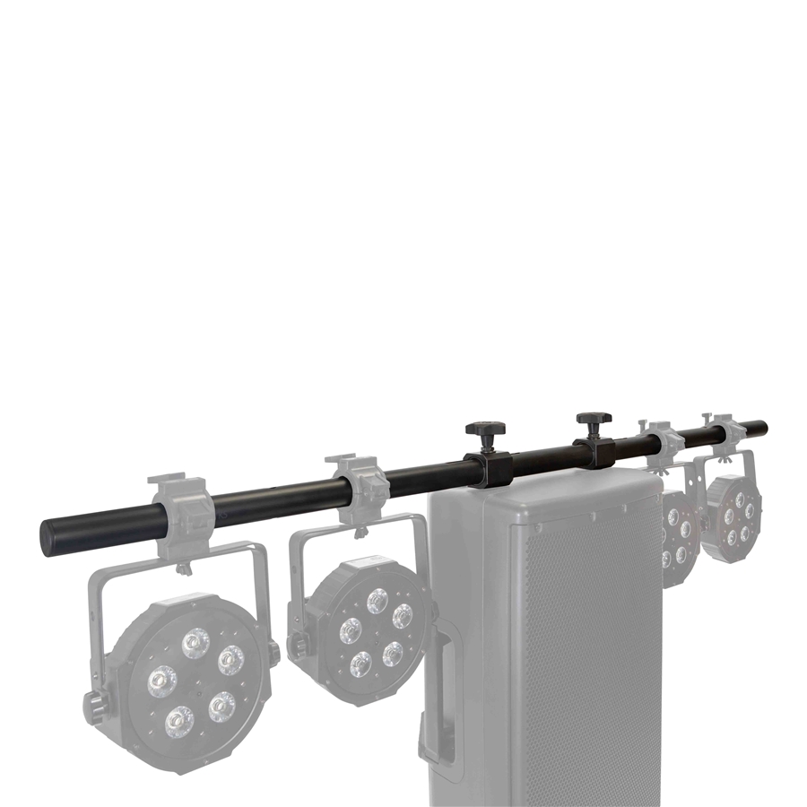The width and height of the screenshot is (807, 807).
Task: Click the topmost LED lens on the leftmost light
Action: point(195,642)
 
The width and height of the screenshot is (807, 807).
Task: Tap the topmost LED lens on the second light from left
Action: point(377,601)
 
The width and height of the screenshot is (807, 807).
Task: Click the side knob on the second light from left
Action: point(296,644)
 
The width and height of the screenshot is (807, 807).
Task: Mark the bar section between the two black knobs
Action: point(542,455)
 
